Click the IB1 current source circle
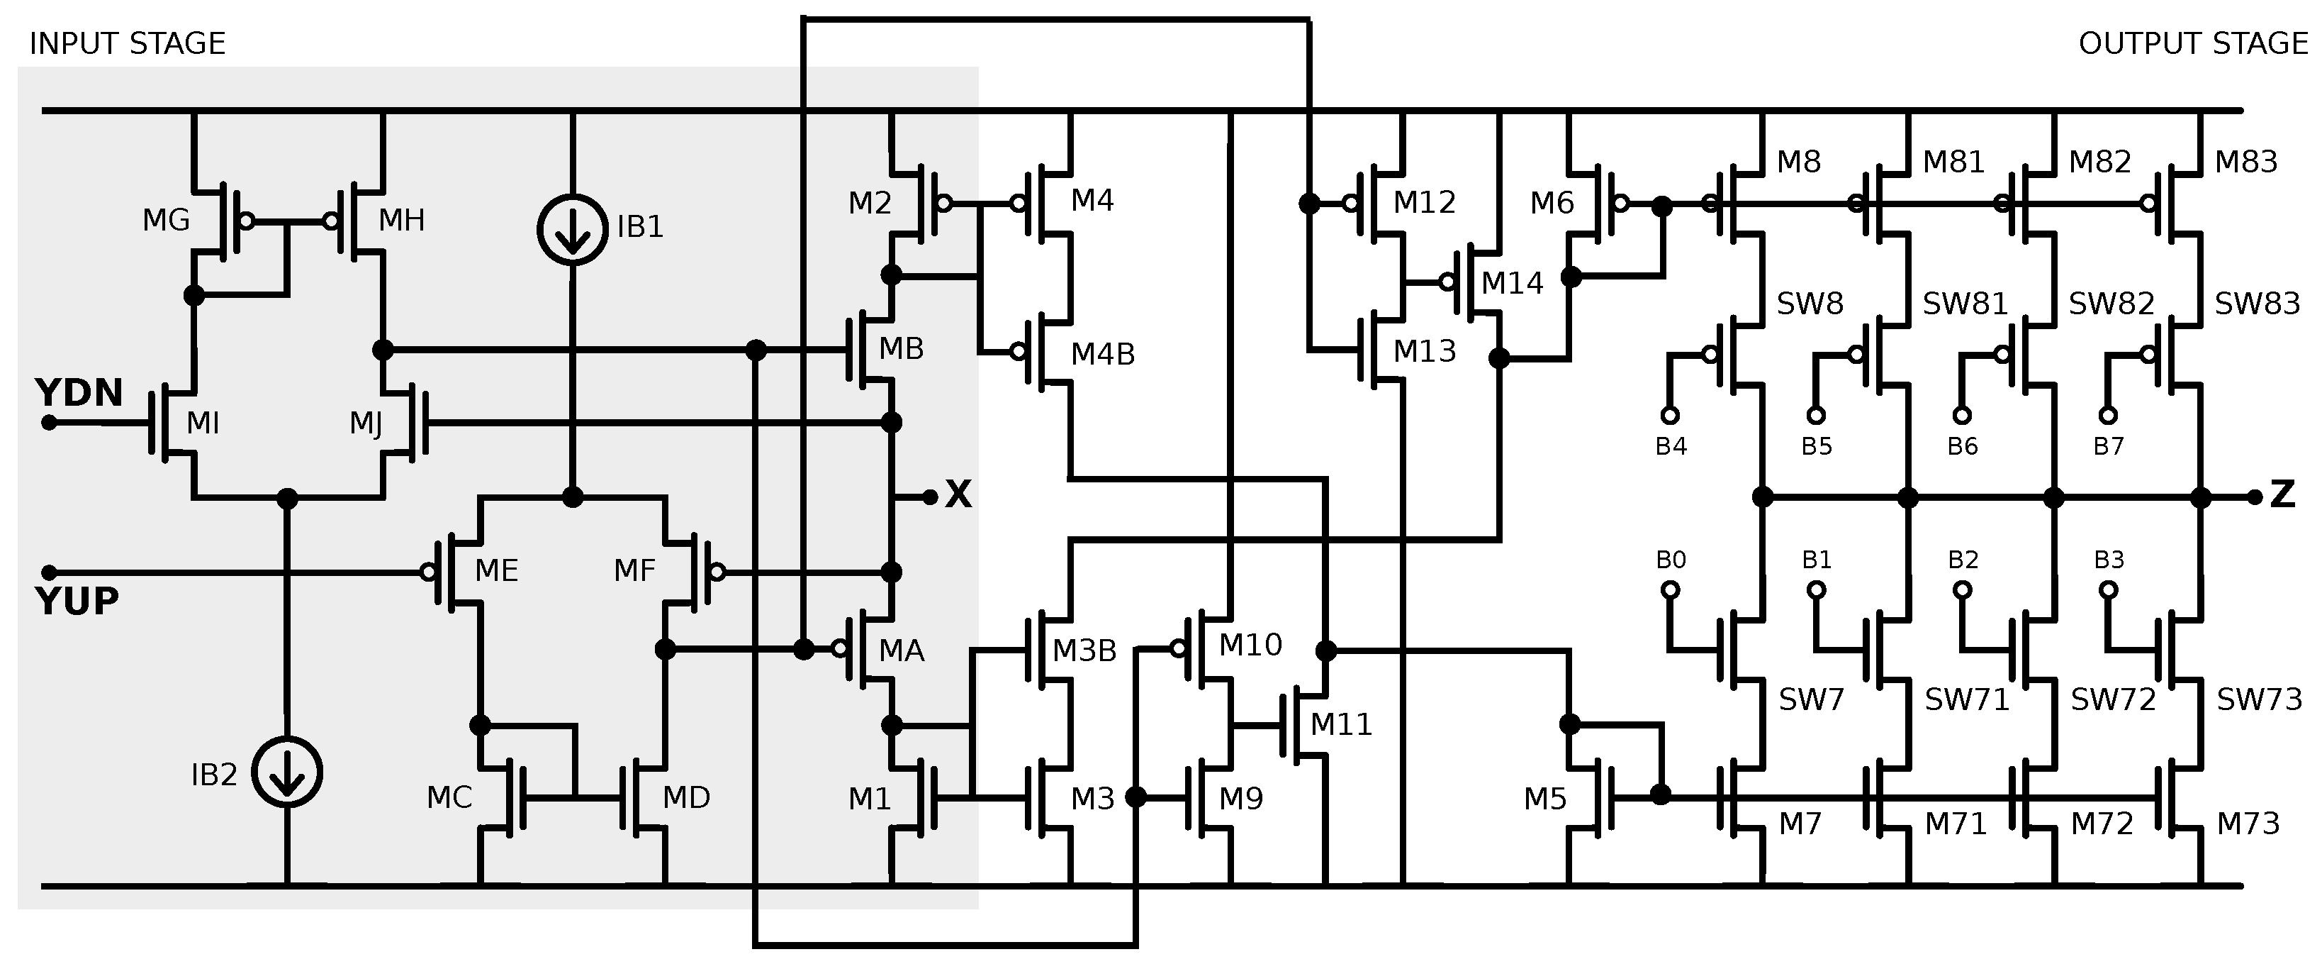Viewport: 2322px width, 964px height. tap(573, 230)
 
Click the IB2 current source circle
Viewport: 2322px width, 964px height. tap(286, 772)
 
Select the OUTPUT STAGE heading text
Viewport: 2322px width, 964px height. tap(2192, 43)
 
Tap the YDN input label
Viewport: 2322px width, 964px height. tap(79, 393)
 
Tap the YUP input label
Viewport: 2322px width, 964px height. tap(77, 601)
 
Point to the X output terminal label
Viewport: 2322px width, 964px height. tap(958, 494)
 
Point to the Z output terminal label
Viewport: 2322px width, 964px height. tap(2282, 494)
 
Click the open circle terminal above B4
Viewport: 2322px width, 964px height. tap(1669, 415)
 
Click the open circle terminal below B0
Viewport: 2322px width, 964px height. tap(1669, 589)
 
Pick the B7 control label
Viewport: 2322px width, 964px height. tap(2107, 446)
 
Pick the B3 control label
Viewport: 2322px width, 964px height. tap(2109, 560)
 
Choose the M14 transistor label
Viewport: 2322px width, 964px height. tap(1512, 283)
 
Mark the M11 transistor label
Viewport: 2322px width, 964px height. tap(1340, 724)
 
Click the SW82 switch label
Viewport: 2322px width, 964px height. tap(2111, 304)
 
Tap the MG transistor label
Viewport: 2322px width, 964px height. tap(166, 220)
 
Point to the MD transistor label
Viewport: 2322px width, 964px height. tap(686, 797)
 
